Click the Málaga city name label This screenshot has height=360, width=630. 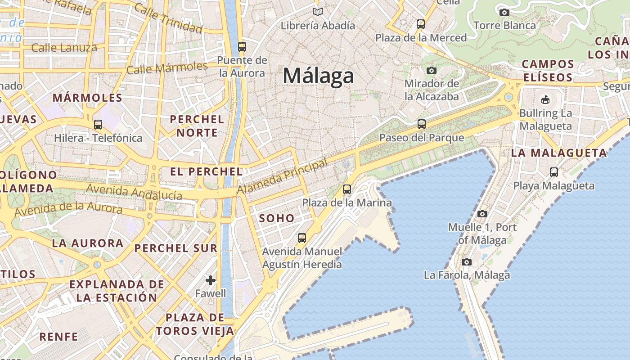click(318, 76)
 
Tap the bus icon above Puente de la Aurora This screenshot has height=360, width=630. click(242, 46)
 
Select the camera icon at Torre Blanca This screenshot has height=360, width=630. click(504, 12)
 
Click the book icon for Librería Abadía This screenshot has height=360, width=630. click(318, 12)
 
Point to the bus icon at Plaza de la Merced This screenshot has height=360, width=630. click(421, 24)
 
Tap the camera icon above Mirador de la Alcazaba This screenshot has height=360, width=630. click(431, 70)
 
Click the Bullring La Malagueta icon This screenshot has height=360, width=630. click(545, 99)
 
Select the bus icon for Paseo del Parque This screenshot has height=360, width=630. click(421, 124)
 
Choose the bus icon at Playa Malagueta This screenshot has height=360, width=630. click(554, 172)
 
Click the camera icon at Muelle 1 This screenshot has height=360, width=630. click(482, 214)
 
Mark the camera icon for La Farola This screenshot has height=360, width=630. click(467, 262)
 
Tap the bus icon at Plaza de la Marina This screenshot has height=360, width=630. click(346, 189)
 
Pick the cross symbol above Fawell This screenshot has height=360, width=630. click(210, 281)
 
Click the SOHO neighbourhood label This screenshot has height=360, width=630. click(277, 219)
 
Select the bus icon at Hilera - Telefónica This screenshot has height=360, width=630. click(98, 125)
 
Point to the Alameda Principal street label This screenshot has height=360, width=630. click(282, 177)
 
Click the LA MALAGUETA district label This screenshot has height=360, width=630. click(559, 153)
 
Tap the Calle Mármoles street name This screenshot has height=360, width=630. click(167, 68)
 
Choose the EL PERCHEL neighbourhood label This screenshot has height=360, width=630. click(206, 171)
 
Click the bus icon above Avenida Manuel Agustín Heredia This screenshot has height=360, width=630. click(301, 238)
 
